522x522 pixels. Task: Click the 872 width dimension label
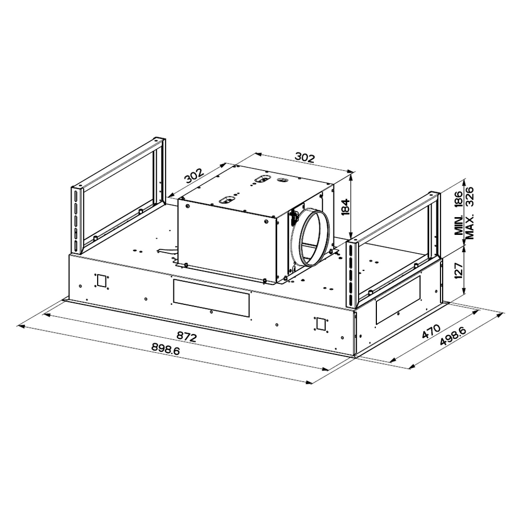coord(187,337)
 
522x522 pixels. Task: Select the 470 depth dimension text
coord(431,331)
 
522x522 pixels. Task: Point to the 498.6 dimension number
coord(453,337)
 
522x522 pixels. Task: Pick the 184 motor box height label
coord(345,207)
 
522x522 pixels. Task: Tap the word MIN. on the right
coord(459,225)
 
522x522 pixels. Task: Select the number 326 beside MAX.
coord(469,197)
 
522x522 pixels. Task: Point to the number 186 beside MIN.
coord(459,200)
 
